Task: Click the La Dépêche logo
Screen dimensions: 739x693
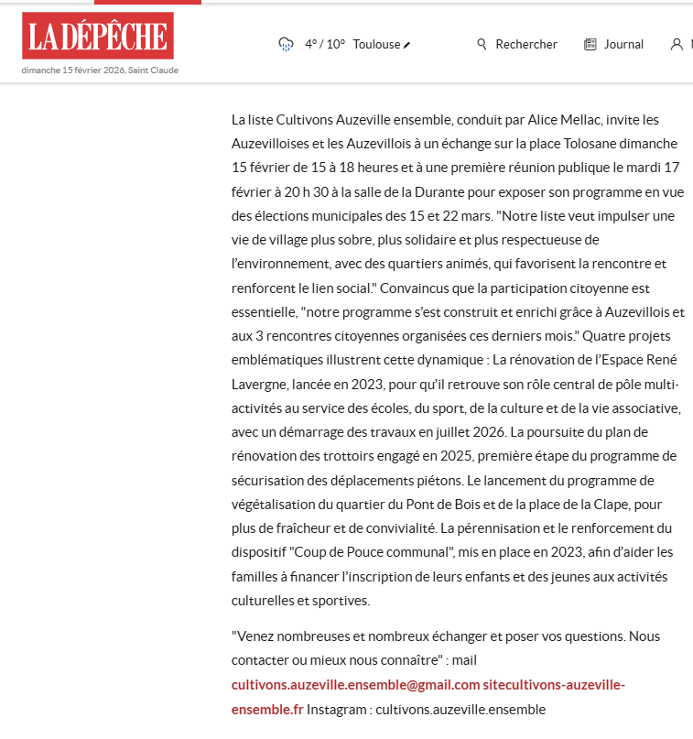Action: pyautogui.click(x=97, y=37)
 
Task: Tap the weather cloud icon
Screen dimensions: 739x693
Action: pyautogui.click(x=286, y=44)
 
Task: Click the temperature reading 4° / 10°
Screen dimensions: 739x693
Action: pyautogui.click(x=325, y=44)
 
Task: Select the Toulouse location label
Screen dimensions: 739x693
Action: pyautogui.click(x=376, y=44)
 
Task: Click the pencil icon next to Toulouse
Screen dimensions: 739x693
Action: pyautogui.click(x=407, y=45)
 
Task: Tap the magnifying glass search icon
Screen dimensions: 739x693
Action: pyautogui.click(x=482, y=44)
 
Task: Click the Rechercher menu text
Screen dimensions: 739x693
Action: pyautogui.click(x=526, y=44)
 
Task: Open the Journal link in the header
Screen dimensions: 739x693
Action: pyautogui.click(x=623, y=44)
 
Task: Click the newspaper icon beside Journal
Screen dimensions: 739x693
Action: pyautogui.click(x=590, y=44)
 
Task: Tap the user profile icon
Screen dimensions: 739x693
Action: pyautogui.click(x=677, y=44)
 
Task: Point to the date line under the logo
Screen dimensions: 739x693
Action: pyautogui.click(x=100, y=70)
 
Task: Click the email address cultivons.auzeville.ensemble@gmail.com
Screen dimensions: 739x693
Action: pyautogui.click(x=356, y=685)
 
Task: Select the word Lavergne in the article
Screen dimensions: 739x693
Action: pyautogui.click(x=263, y=383)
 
